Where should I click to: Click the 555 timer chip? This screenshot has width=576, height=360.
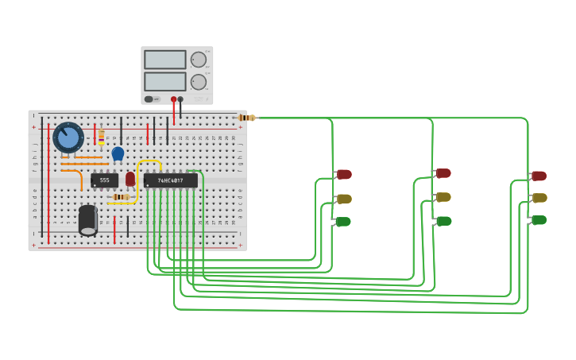[x=104, y=180]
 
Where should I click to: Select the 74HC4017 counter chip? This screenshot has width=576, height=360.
[x=170, y=180]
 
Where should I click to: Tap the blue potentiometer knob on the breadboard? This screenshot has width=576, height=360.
[x=68, y=137]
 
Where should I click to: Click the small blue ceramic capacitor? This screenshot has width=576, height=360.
[x=118, y=153]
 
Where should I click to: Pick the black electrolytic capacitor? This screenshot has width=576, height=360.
[x=88, y=219]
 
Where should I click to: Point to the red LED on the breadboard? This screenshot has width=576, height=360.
[x=130, y=179]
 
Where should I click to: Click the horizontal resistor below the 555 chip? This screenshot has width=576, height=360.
[x=121, y=197]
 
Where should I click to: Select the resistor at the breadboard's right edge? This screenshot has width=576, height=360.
[x=247, y=118]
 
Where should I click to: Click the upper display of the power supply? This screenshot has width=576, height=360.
[x=165, y=60]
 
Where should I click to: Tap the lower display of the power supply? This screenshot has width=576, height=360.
[x=165, y=82]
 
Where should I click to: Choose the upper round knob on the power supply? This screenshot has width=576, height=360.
[x=199, y=60]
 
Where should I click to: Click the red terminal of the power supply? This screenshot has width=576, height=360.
[x=173, y=99]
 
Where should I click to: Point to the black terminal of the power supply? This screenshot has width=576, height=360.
[x=180, y=99]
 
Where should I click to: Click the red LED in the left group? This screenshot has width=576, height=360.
[x=343, y=174]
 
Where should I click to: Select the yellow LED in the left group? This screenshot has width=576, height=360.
[x=343, y=199]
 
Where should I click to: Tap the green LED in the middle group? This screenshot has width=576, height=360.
[x=443, y=221]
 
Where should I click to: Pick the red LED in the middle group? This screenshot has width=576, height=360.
[x=443, y=173]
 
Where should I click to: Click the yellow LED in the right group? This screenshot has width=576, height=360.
[x=539, y=198]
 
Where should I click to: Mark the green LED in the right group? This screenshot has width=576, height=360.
[x=539, y=220]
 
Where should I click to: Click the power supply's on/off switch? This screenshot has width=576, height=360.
[x=149, y=99]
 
